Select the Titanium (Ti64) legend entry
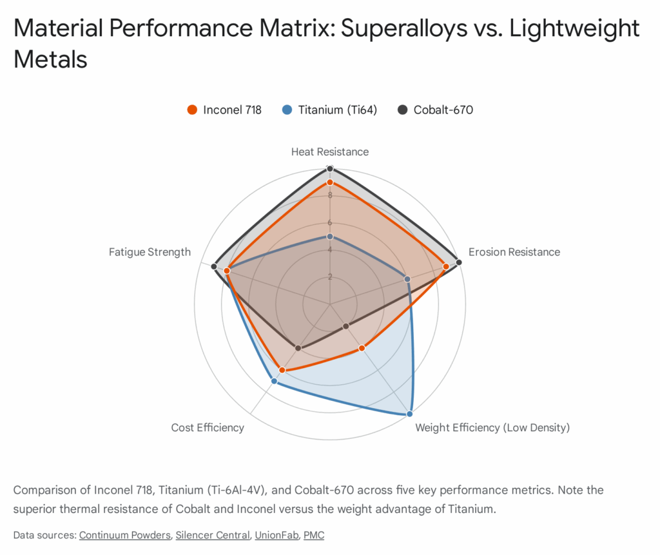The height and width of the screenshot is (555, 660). click(x=329, y=110)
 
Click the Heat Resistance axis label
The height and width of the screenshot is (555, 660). click(x=330, y=152)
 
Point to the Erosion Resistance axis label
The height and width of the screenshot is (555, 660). click(x=514, y=252)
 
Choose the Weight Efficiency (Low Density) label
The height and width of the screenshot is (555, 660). click(x=492, y=427)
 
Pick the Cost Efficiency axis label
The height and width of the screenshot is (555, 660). click(x=208, y=427)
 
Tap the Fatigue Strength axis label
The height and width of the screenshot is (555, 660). click(x=150, y=252)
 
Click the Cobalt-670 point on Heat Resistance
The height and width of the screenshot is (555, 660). click(x=330, y=169)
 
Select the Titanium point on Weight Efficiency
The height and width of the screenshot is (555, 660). click(x=409, y=413)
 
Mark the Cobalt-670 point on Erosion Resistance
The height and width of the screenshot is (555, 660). click(x=458, y=262)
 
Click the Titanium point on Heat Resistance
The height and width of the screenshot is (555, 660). click(x=330, y=237)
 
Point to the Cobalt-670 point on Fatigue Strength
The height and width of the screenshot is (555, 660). click(x=214, y=266)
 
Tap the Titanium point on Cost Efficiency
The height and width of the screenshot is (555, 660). click(x=274, y=382)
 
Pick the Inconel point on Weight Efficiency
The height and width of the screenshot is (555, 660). click(x=362, y=348)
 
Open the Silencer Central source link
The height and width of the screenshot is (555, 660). click(x=212, y=535)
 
